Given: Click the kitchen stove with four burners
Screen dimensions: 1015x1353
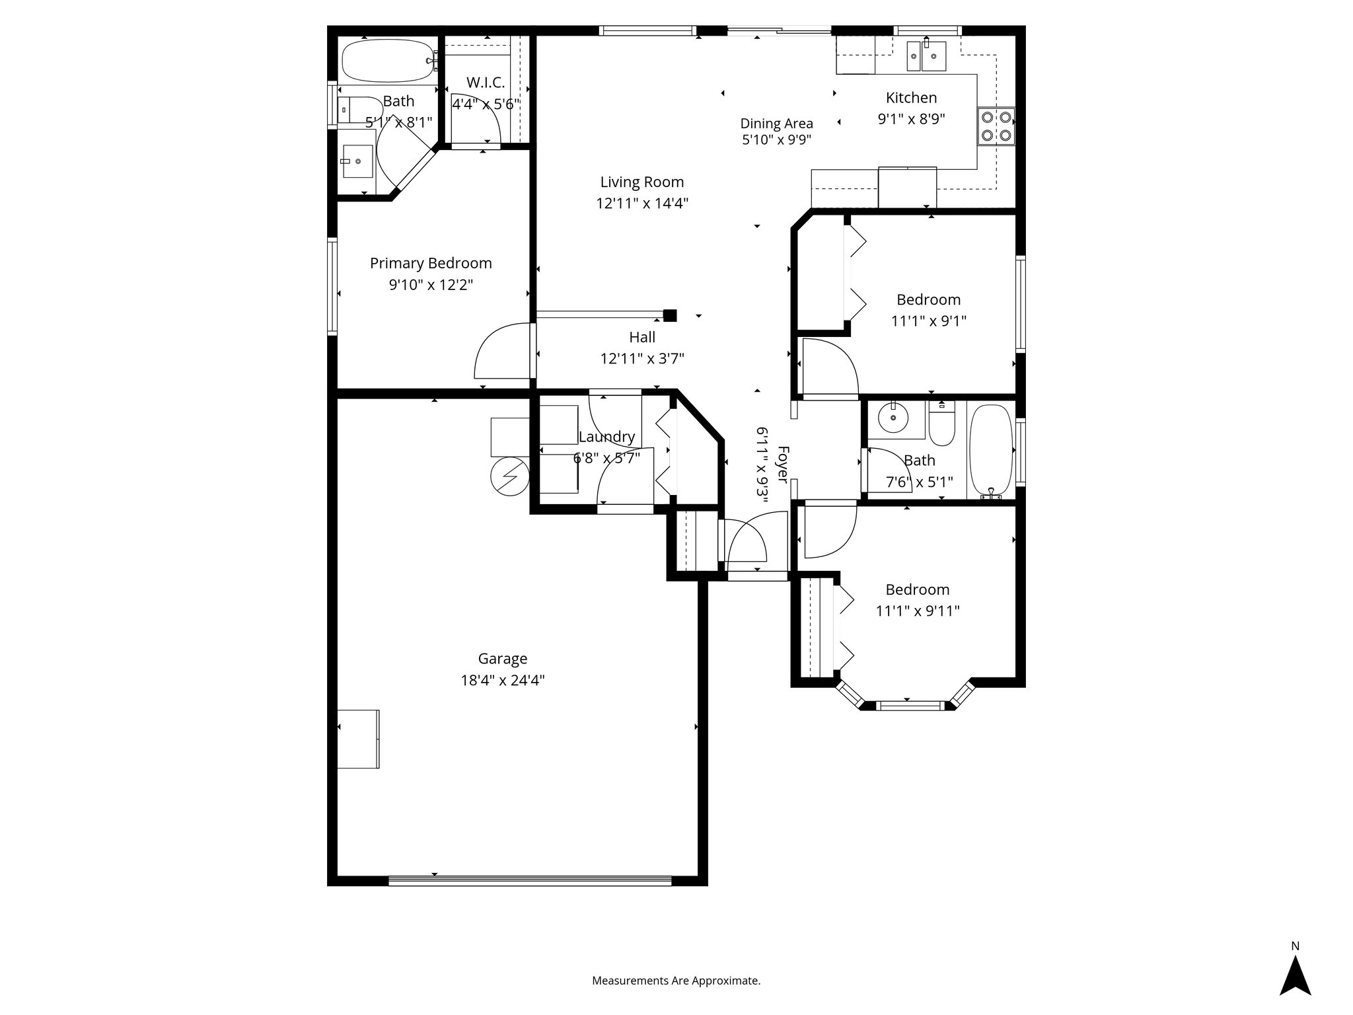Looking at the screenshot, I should click(996, 126).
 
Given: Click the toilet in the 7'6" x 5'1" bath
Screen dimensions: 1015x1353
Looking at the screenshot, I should click(941, 425).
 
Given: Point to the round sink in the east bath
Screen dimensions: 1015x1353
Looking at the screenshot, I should click(893, 418).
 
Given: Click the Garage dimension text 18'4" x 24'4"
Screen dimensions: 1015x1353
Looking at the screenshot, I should click(503, 680).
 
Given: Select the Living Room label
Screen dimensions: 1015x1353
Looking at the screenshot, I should click(641, 182).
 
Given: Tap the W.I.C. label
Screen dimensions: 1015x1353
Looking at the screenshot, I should click(486, 83).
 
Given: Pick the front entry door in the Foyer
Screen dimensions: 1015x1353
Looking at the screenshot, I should click(747, 542).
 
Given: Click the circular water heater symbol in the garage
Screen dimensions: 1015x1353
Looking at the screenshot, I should click(510, 476).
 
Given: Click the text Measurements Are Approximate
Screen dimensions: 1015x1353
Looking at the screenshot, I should click(676, 981).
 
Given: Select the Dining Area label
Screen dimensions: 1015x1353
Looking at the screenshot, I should click(776, 124).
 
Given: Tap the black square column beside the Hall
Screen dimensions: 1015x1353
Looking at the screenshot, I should click(670, 315).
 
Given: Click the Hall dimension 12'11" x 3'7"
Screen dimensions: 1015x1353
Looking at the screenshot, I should click(641, 359).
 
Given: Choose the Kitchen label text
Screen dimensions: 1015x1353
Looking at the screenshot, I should click(911, 98).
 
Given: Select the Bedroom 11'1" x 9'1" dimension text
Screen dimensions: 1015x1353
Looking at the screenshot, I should click(928, 321).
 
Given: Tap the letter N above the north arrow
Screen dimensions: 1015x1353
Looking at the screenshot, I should click(1295, 946).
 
